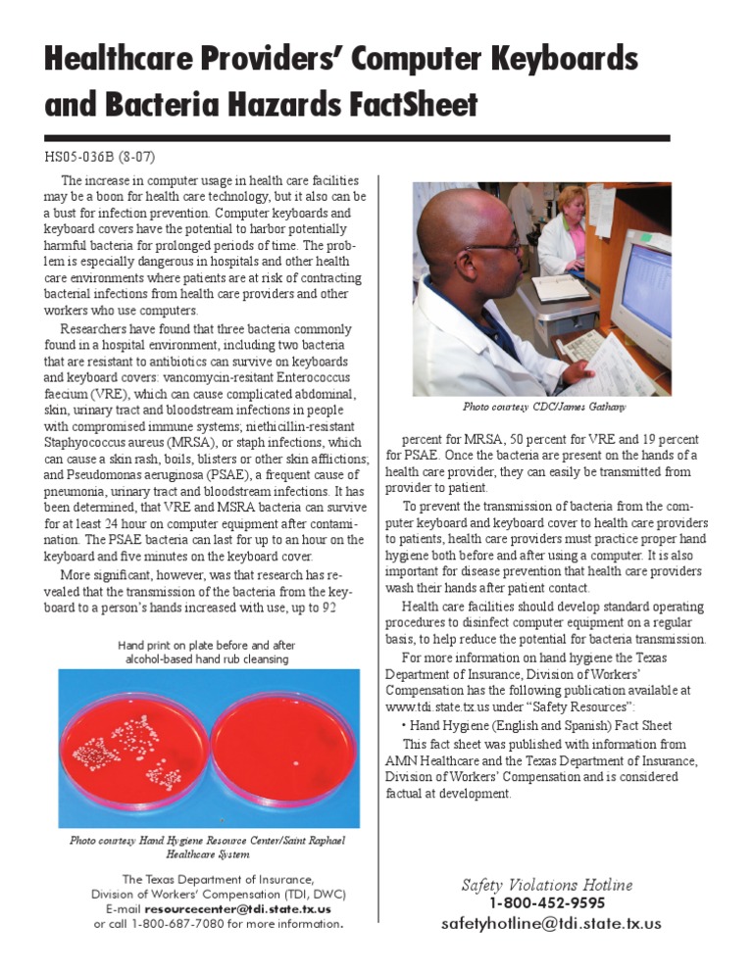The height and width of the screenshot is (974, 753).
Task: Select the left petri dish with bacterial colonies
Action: [x=134, y=750]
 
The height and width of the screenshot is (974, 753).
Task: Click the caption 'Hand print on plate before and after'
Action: [x=206, y=646]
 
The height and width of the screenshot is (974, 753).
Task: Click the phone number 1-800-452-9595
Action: [x=547, y=903]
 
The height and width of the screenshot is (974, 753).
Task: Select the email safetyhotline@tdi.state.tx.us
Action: [x=551, y=923]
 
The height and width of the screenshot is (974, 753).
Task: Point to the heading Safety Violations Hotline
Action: [x=547, y=885]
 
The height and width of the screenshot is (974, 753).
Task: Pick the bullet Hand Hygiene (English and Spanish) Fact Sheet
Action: [x=538, y=726]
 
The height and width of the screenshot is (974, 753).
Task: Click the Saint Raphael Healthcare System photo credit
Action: [x=207, y=847]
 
